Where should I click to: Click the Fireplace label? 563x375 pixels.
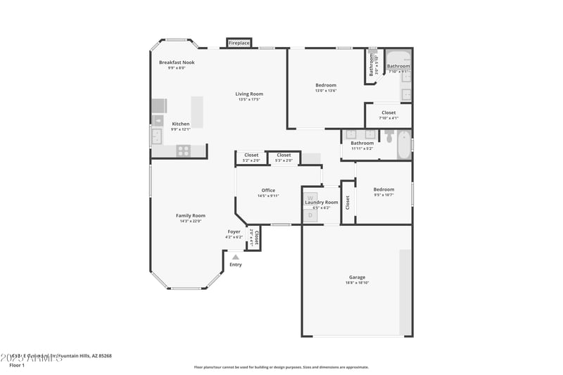[x=239, y=44]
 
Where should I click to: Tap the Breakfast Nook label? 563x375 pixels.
[x=177, y=63]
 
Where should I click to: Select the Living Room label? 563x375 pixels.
[x=249, y=94]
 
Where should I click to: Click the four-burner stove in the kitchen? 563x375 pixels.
[x=182, y=149]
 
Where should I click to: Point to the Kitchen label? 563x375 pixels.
[x=181, y=124]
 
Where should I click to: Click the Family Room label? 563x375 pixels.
[x=190, y=215]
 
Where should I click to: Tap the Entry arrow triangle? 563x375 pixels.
[x=235, y=258]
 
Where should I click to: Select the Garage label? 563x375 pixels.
[x=357, y=277]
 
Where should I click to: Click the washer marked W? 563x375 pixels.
[x=310, y=198]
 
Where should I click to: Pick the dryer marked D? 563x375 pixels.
[x=310, y=215]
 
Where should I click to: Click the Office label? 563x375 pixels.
[x=268, y=190]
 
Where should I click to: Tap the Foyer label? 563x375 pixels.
[x=234, y=231]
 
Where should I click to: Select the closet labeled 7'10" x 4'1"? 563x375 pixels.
[x=388, y=113]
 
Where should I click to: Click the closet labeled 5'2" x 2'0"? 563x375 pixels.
[x=251, y=155]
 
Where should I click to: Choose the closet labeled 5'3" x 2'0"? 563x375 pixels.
[x=284, y=155]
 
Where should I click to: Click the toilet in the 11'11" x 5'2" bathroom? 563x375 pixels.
[x=389, y=135]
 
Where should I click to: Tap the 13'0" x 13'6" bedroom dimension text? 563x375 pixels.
[x=325, y=91]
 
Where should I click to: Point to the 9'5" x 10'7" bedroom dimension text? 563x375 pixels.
[x=384, y=195]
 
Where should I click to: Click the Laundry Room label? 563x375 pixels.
[x=321, y=202]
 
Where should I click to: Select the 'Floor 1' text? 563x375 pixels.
[x=17, y=366]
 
